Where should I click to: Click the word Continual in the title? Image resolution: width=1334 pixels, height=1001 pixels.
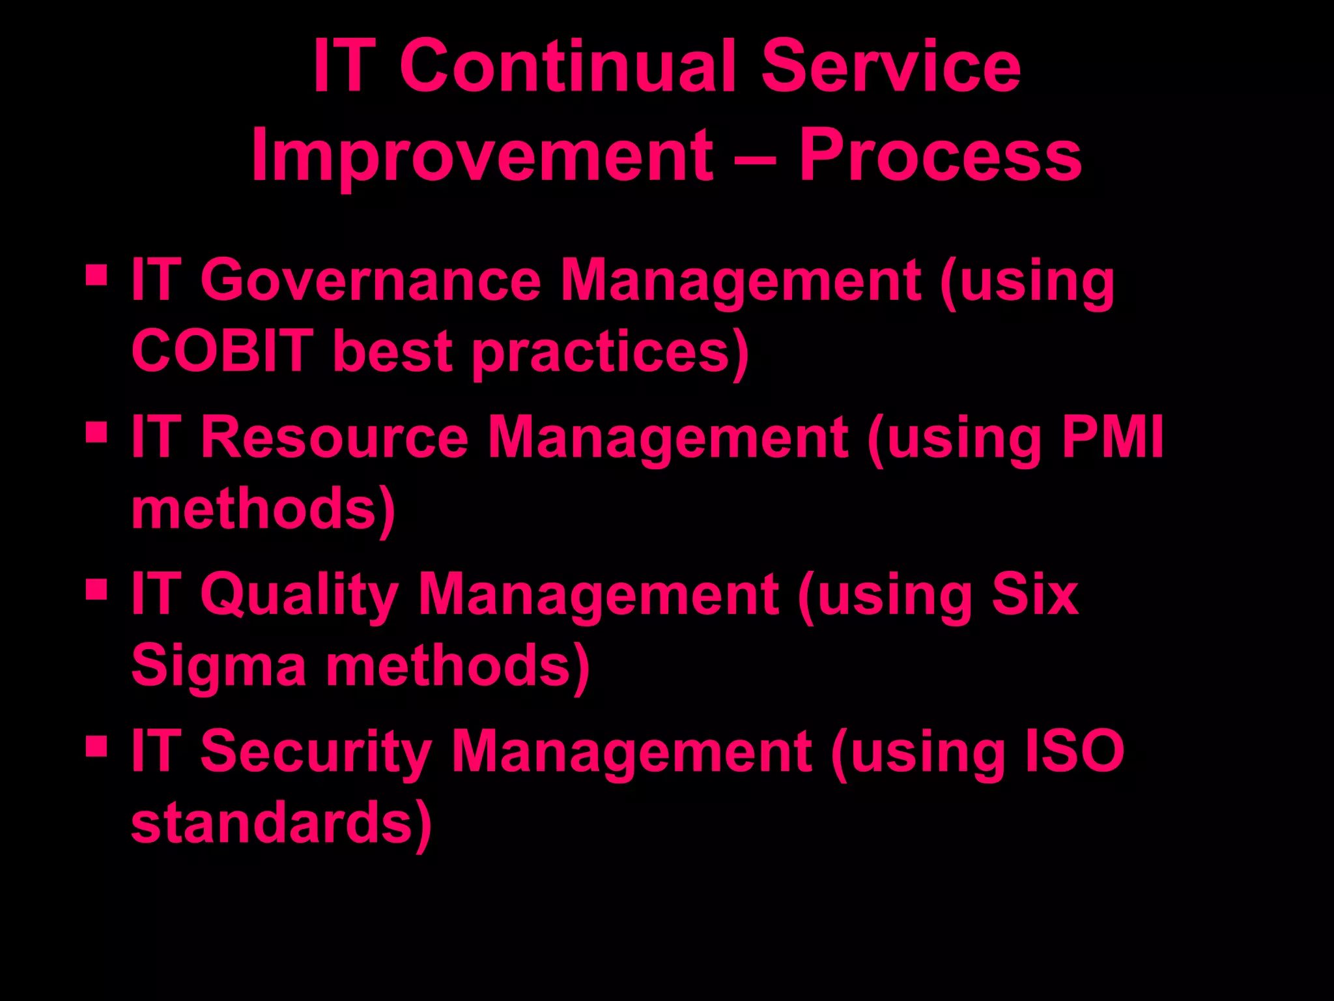(569, 66)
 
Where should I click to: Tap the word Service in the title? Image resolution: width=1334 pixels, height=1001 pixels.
(890, 66)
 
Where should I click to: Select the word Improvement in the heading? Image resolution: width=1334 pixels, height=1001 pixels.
(483, 156)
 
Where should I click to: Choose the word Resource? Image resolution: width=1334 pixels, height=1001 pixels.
(334, 437)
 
